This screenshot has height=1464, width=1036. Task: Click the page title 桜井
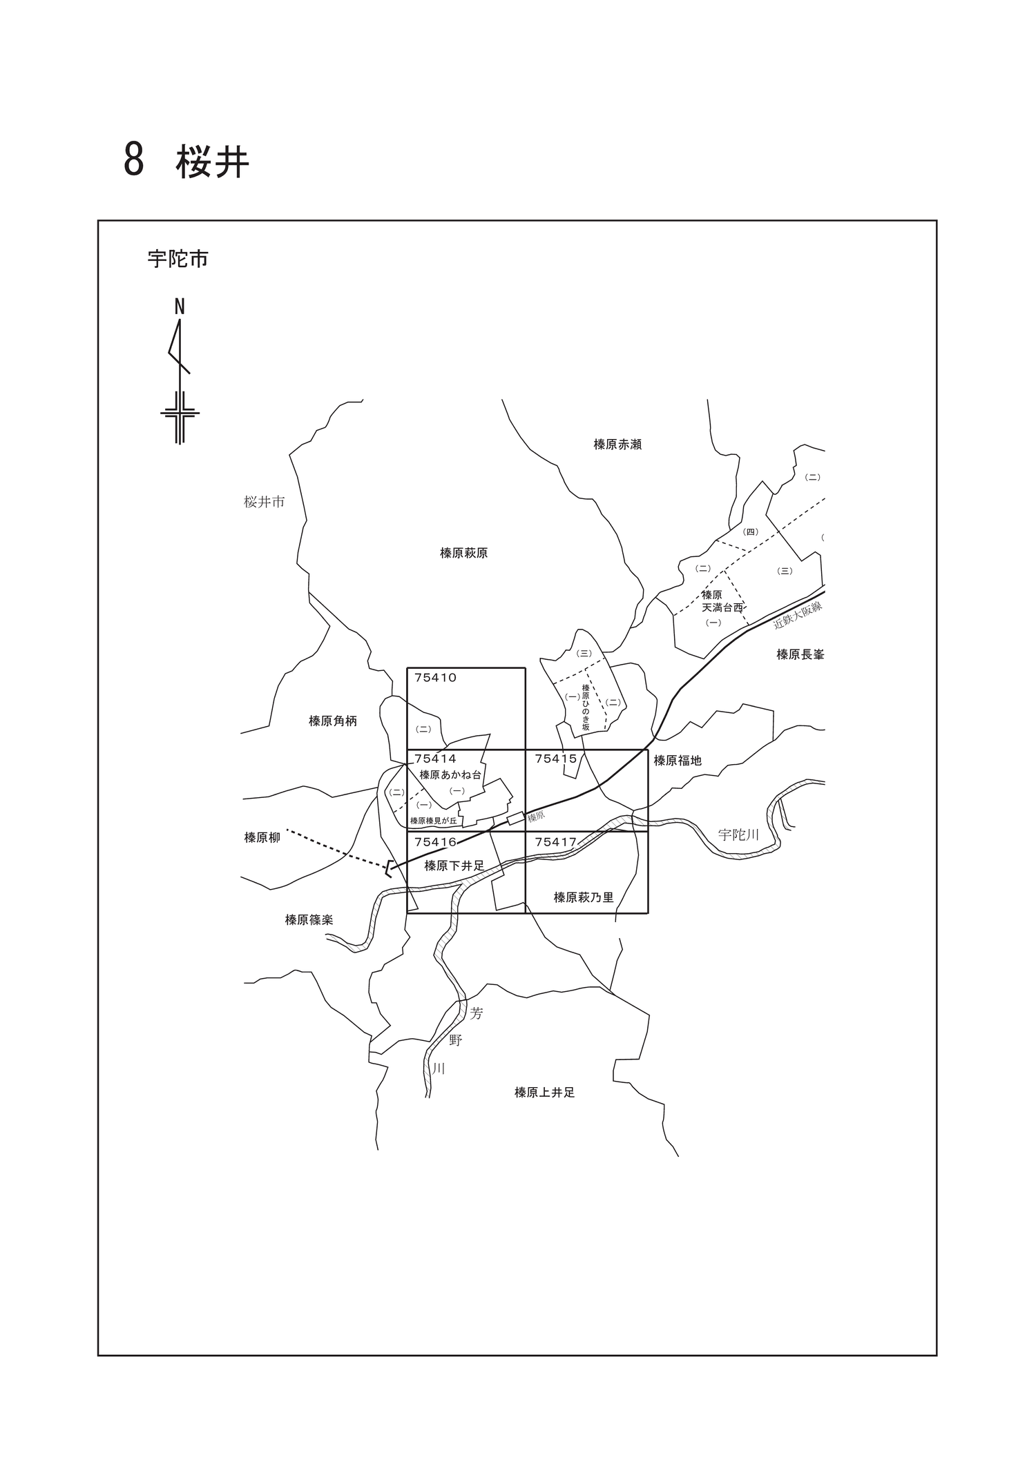click(x=212, y=162)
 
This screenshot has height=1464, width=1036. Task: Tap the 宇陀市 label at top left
click(x=178, y=260)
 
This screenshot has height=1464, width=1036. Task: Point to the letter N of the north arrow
click(x=180, y=306)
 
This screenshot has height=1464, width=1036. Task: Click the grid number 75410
click(x=436, y=678)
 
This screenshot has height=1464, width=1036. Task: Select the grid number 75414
click(x=436, y=759)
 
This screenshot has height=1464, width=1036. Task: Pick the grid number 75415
click(x=556, y=759)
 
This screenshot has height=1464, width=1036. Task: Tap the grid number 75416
click(x=436, y=842)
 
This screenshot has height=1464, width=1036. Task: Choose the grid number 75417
click(x=556, y=842)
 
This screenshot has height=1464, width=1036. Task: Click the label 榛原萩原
click(x=464, y=553)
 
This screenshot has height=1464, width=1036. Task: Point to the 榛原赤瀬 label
click(x=617, y=445)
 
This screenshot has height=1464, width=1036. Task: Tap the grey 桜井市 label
click(x=265, y=502)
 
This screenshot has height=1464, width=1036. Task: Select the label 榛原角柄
click(x=333, y=721)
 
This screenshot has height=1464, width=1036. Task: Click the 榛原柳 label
click(x=262, y=838)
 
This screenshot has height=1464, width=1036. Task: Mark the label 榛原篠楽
click(x=309, y=920)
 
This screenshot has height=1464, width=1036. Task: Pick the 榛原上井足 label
click(x=545, y=1093)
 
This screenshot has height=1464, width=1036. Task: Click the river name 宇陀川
click(x=738, y=835)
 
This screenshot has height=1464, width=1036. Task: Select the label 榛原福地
click(x=678, y=761)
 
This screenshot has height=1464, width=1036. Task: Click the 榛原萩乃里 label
click(x=584, y=897)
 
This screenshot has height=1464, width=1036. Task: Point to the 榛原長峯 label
click(x=800, y=654)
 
